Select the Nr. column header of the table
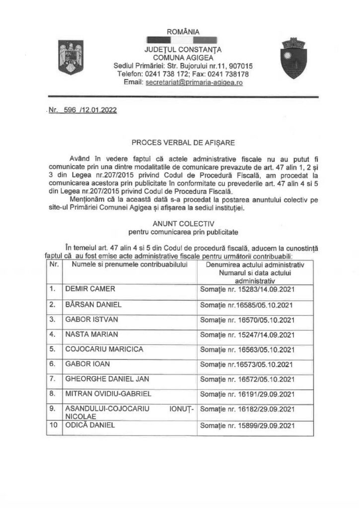pyautogui.click(x=53, y=265)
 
